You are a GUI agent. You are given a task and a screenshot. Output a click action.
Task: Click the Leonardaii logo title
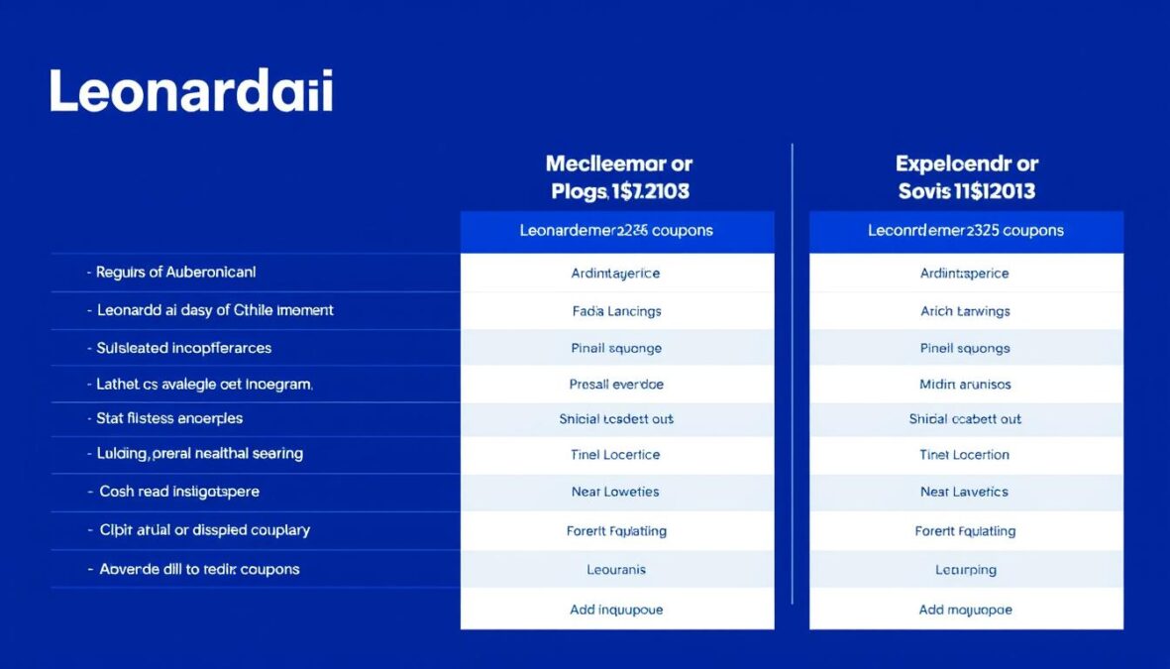coord(191,92)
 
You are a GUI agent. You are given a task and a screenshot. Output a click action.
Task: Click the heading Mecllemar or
coord(618,164)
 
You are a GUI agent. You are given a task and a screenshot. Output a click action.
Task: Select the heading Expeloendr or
coord(966,164)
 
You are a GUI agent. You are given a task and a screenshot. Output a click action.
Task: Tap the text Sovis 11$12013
coord(966,190)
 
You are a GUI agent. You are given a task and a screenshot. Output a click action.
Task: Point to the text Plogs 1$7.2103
coord(619,190)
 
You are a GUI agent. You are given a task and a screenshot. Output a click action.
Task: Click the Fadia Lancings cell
coord(616,310)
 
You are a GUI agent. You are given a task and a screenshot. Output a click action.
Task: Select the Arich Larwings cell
coord(965,310)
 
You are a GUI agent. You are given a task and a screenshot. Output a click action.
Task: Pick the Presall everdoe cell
coord(616,384)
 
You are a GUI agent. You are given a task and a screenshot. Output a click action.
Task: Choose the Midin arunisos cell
coord(965,384)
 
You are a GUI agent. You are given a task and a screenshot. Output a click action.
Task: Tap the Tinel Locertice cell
coord(616,455)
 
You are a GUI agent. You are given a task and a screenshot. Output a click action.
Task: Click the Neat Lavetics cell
coord(965,492)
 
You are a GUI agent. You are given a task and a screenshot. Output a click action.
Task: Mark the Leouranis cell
coord(616,570)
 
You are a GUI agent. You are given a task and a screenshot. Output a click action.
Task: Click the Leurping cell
coord(965,570)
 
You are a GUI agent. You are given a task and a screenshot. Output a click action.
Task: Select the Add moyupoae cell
coord(965,610)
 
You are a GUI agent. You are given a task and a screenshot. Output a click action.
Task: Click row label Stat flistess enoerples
coord(169,418)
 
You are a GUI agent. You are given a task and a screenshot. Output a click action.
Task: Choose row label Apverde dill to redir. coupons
coord(199,569)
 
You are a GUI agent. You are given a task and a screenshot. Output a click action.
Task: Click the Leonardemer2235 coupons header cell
coord(616,230)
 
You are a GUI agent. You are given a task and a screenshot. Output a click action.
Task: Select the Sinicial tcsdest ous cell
coord(616,419)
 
